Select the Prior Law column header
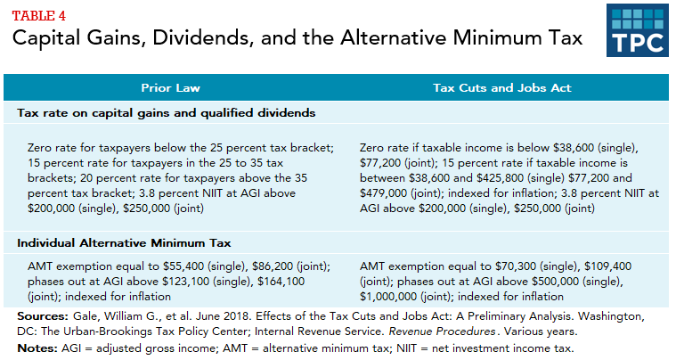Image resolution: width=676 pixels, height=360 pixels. point(171,88)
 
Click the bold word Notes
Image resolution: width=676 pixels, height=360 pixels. point(37,347)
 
